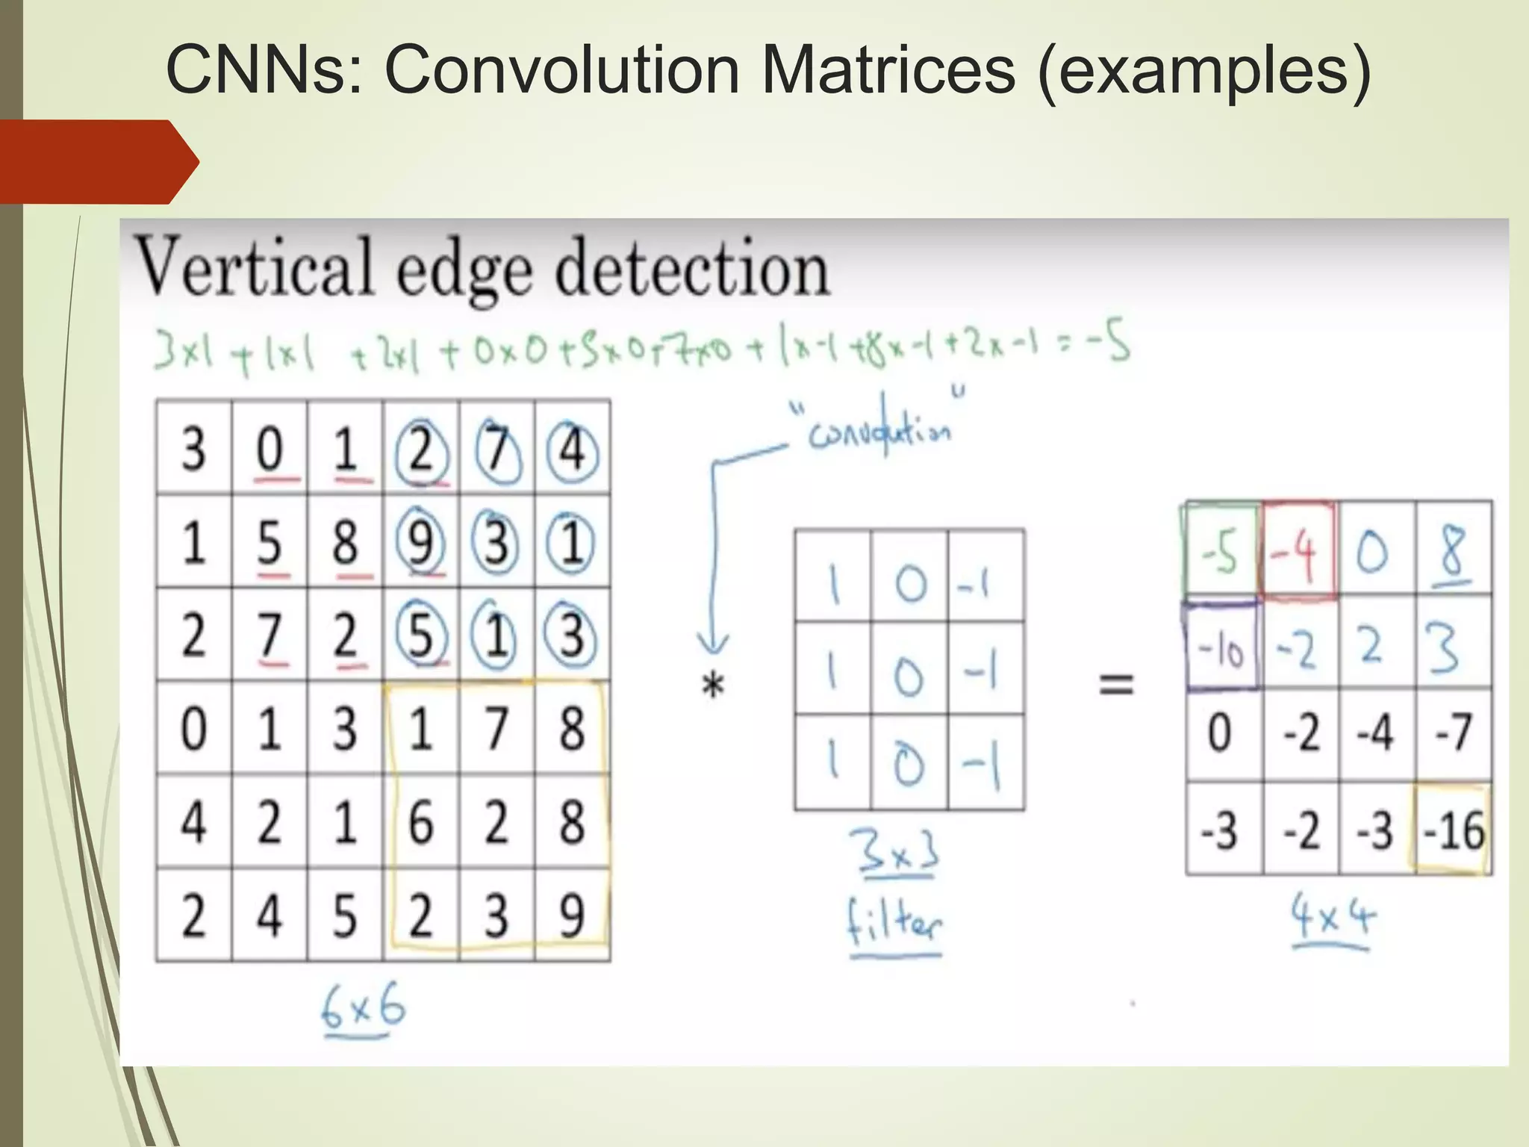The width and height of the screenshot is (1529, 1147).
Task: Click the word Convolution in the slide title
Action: click(x=561, y=71)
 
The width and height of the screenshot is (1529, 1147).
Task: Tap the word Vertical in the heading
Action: click(x=254, y=267)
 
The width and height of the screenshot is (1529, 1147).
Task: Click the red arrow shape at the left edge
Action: click(x=97, y=161)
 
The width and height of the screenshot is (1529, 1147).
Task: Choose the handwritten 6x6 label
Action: click(x=363, y=1009)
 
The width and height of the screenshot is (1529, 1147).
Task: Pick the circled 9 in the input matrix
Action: click(x=420, y=542)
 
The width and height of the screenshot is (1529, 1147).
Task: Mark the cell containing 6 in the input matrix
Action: click(x=420, y=821)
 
